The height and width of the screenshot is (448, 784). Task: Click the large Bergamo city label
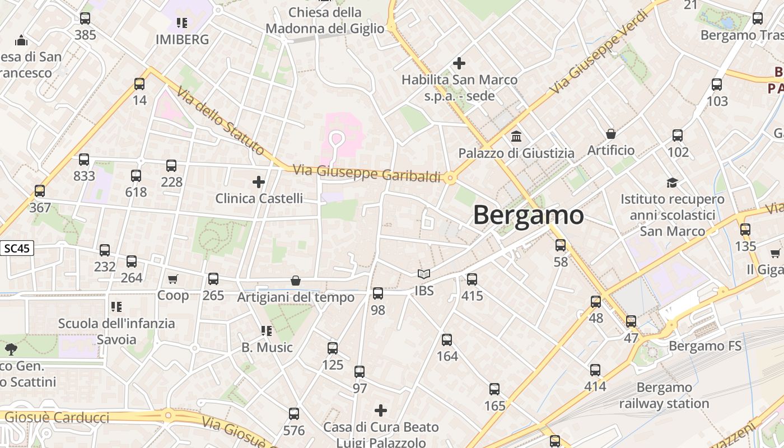(528, 215)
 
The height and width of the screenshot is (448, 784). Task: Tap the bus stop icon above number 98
(378, 293)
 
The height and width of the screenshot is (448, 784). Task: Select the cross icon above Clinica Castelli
(259, 181)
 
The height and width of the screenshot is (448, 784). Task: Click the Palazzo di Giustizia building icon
(516, 136)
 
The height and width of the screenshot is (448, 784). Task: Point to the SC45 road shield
(17, 248)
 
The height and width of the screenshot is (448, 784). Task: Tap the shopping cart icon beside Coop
(173, 279)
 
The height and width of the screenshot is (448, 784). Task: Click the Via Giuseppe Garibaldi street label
(367, 174)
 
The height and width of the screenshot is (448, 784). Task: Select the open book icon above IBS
(424, 274)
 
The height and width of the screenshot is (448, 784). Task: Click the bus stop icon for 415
(472, 279)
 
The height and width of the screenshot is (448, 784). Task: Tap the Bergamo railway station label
(664, 395)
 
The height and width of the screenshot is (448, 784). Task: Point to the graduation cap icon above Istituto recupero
(672, 183)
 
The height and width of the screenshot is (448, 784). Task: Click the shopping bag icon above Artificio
(611, 134)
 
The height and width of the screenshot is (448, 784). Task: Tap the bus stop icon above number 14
(139, 84)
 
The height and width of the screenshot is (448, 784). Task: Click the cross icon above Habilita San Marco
(459, 63)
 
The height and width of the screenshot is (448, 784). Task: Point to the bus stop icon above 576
(294, 414)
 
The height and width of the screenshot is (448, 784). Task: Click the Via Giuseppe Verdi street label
(594, 62)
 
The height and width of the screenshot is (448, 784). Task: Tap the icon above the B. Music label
(267, 331)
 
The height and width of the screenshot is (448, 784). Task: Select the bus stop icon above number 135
(745, 230)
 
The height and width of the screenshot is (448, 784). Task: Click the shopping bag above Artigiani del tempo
(296, 281)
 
